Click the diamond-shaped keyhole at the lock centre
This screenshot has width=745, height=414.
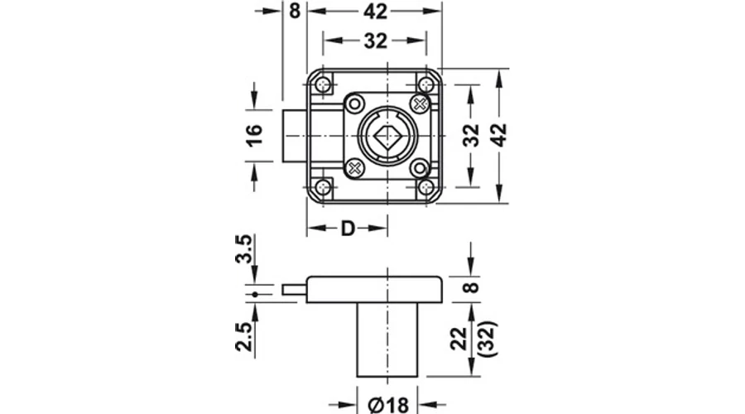pos(387,137)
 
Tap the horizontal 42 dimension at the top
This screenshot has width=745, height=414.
pos(375,12)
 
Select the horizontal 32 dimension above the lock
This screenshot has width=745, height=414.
pos(375,41)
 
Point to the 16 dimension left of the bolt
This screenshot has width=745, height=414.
pos(254,136)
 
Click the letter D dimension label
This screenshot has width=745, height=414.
pos(348,229)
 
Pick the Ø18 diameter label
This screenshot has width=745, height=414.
pos(388,405)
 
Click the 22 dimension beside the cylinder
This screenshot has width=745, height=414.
pos(459,339)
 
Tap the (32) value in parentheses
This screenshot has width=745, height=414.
pos(488,339)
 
